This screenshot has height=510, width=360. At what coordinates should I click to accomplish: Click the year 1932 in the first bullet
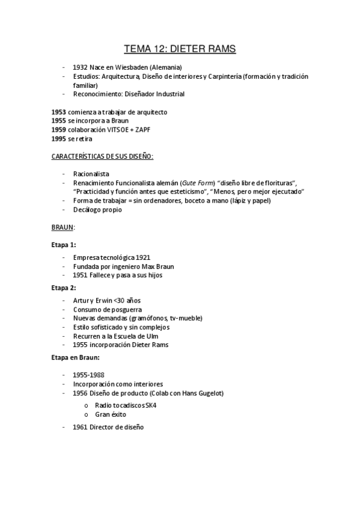(81, 67)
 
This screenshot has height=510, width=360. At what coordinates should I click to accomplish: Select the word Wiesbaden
(139, 67)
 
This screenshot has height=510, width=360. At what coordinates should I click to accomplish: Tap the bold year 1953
(59, 112)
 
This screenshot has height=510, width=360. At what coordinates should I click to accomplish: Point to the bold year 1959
(59, 130)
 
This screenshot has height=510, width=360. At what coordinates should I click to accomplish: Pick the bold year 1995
(59, 139)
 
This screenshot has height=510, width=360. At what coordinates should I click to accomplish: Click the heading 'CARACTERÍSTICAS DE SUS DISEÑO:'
(103, 156)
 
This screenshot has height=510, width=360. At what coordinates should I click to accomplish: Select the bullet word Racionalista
(91, 174)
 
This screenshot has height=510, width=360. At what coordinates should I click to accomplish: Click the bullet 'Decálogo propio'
(97, 210)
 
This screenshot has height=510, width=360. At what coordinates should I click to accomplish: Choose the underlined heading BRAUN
(63, 228)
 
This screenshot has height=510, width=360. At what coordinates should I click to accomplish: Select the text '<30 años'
(127, 300)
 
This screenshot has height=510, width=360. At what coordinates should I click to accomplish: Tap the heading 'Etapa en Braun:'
(75, 357)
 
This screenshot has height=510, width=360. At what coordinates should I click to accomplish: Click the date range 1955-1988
(88, 375)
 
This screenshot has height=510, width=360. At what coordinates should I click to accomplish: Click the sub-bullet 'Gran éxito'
(111, 414)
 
